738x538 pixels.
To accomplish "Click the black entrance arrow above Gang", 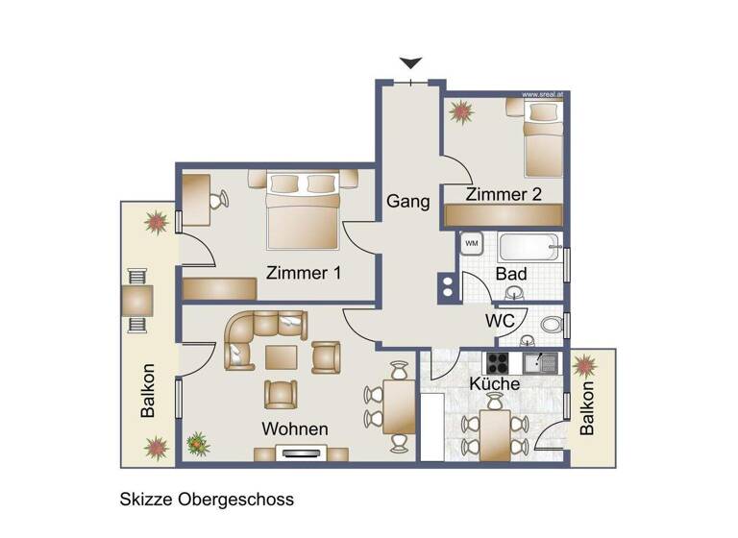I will [x=411, y=63].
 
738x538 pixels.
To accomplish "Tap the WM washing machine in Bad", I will [x=472, y=243].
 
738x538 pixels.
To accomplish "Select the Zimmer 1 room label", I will [x=304, y=273].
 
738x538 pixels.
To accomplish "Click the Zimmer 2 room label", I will [x=504, y=194].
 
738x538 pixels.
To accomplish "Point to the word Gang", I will [x=406, y=203].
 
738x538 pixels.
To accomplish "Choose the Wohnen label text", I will [x=296, y=428].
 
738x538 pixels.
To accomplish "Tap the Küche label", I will [x=495, y=383].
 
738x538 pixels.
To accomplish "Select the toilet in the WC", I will [x=552, y=325].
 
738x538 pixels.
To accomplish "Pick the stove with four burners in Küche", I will [x=498, y=362].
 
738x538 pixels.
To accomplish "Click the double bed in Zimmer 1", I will [x=304, y=209].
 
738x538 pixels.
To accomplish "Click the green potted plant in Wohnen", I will [x=199, y=444].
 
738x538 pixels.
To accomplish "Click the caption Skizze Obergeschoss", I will [x=207, y=500].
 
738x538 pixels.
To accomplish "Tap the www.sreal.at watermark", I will [x=542, y=95].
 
